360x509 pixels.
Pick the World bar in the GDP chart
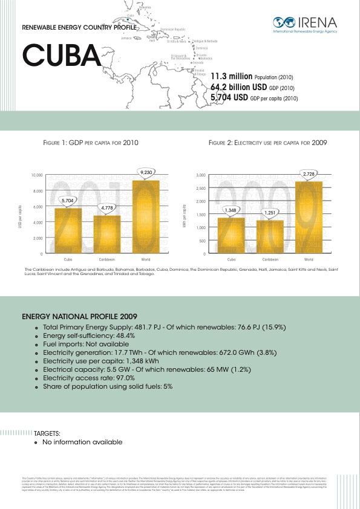pos(145,216)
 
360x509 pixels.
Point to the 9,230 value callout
pos(145,172)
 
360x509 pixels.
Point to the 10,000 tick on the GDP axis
pos(36,175)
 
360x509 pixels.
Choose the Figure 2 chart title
pos(267,144)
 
